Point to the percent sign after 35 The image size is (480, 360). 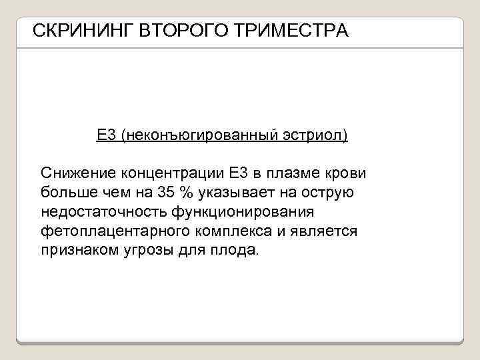click(189, 193)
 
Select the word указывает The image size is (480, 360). click(241, 193)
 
